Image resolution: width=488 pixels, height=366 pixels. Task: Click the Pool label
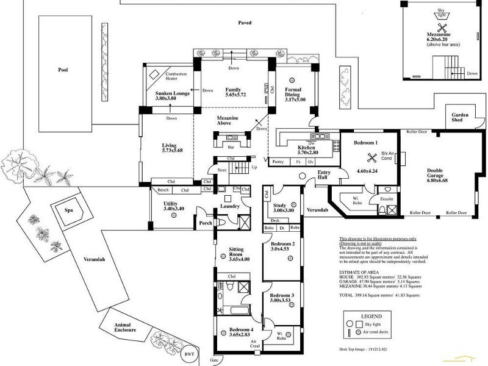click(x=63, y=70)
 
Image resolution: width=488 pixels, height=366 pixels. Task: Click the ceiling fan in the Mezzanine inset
click(x=442, y=27)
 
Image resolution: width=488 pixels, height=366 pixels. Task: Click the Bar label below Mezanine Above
click(x=231, y=147)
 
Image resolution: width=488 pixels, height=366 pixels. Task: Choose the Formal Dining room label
click(x=295, y=95)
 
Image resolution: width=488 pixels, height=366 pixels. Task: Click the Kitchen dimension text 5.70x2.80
click(x=306, y=154)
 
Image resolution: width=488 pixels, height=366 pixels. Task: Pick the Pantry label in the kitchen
click(x=278, y=162)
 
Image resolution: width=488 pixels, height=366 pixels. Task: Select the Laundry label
click(x=231, y=206)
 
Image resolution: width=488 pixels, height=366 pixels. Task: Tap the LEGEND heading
click(x=370, y=317)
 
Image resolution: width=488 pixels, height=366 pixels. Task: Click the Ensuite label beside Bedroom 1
click(x=386, y=198)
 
